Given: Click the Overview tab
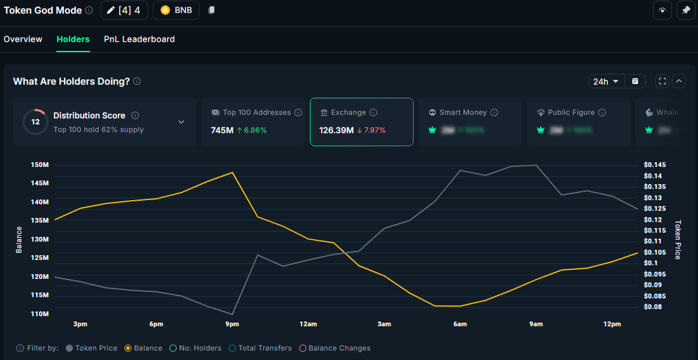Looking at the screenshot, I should [x=23, y=39].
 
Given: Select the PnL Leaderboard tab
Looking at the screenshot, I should [x=139, y=39].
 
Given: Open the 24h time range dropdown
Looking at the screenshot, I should [x=607, y=81].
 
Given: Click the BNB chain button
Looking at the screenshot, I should [x=176, y=10].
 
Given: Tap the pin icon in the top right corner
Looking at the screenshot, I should [x=686, y=10].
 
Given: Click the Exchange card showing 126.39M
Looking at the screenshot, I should [x=361, y=121].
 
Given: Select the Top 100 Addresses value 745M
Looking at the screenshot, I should [x=222, y=130].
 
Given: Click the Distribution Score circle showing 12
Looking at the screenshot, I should [x=36, y=122].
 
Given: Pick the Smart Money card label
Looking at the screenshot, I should [x=463, y=112].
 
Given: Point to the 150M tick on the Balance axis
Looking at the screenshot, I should [x=40, y=165].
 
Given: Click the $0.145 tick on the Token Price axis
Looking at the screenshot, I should [x=655, y=165].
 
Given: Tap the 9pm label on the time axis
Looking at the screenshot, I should [x=232, y=324].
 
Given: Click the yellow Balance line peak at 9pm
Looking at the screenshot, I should [x=232, y=172].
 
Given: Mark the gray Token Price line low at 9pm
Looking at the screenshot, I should [x=232, y=314].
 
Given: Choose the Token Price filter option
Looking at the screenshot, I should [x=91, y=348].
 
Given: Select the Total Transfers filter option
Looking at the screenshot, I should [x=260, y=348].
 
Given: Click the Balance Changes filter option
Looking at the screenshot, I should [x=335, y=348].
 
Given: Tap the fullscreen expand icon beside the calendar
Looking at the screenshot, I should [x=662, y=81].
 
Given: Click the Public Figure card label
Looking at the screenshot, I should [x=571, y=112].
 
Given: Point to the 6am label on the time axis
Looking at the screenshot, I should [x=460, y=324].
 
